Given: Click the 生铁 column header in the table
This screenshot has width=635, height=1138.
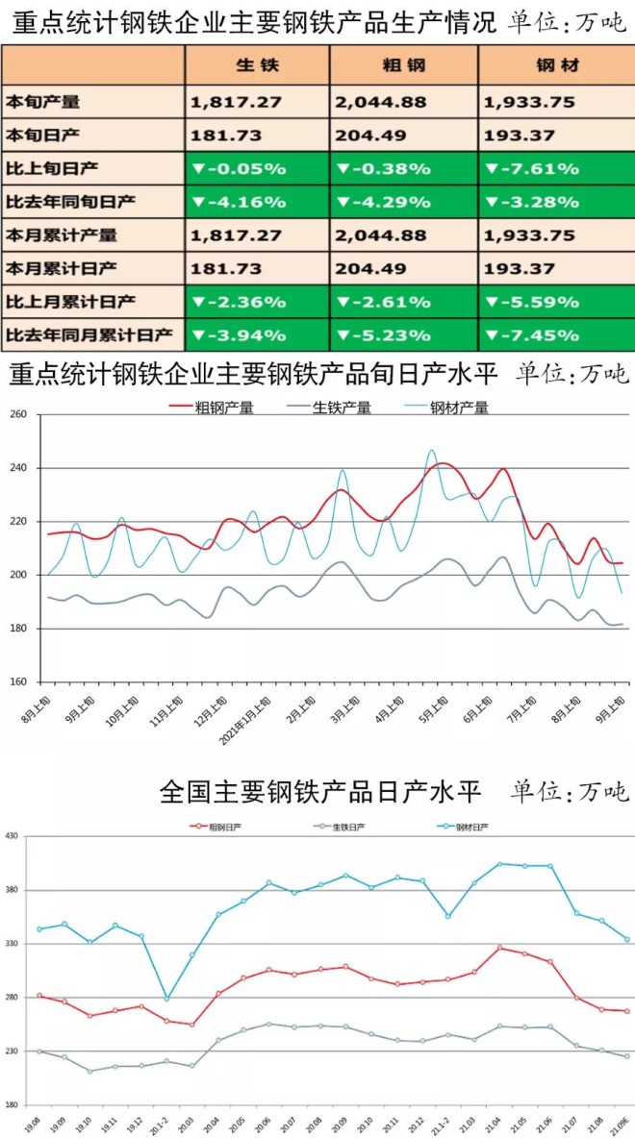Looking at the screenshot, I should (257, 64).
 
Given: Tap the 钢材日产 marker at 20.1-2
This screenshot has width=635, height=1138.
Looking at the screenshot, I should (167, 999).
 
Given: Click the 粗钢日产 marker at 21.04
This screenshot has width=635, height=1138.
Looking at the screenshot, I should (499, 948).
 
